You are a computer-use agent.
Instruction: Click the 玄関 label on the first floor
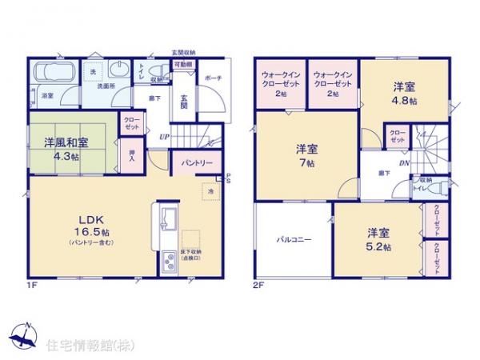coord(182,99)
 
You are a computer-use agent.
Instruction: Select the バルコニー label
coord(294,238)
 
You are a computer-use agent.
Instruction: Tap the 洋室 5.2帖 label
coord(378,238)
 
